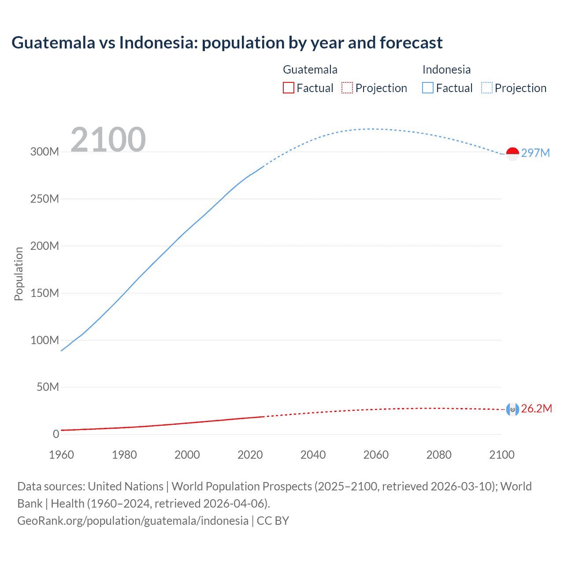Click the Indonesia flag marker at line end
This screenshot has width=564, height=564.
coord(512,154)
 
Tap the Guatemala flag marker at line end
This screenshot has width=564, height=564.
coord(512,409)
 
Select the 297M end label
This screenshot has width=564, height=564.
coord(535,153)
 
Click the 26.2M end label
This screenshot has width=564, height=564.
coord(536,408)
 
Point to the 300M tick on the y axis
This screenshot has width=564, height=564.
coord(45,152)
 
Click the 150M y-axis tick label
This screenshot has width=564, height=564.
coord(45,293)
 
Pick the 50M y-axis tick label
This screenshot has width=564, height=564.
coord(48,387)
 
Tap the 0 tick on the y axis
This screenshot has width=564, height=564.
coord(56,434)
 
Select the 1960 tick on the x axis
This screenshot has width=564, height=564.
coord(61,455)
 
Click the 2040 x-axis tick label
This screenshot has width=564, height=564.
coord(313,455)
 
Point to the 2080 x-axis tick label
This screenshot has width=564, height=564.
coord(439,455)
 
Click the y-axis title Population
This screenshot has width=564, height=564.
coord(19,274)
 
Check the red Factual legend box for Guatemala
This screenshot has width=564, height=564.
coord(288,88)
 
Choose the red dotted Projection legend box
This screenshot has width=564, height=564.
coord(347,88)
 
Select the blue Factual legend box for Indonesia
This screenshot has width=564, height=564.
coord(428,88)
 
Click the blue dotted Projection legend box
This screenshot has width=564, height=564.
coord(487,88)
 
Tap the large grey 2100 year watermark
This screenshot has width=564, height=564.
coord(108,140)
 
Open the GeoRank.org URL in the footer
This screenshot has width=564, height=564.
coord(133,520)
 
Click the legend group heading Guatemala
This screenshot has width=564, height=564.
coord(310,70)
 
